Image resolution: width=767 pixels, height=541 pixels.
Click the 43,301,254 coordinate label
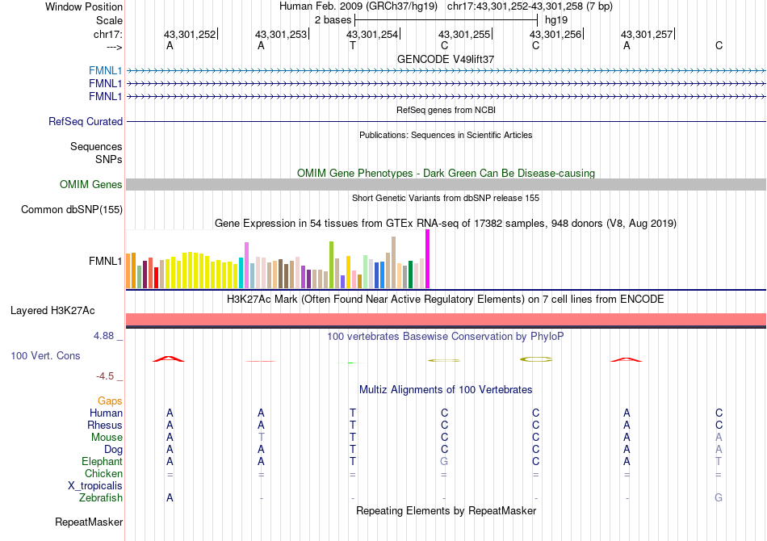click(372, 34)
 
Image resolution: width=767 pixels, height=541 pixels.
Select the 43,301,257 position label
click(647, 34)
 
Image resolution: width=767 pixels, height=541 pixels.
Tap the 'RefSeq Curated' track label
click(86, 122)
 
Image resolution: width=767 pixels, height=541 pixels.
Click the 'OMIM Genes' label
click(91, 185)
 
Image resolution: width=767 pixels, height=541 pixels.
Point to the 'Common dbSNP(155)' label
click(72, 210)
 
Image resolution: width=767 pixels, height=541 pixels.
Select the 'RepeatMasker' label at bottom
click(89, 522)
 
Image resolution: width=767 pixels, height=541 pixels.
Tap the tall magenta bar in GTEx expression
click(427, 258)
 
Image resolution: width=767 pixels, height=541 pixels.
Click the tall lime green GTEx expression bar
click(332, 264)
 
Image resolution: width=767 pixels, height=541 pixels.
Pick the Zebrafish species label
click(101, 498)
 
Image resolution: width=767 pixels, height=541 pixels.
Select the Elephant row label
click(102, 461)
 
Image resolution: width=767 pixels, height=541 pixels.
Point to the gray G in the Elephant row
click(444, 461)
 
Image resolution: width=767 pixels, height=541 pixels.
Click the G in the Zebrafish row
click(719, 498)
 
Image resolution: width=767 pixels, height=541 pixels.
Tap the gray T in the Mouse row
click(261, 437)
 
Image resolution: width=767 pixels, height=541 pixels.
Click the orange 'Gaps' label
click(110, 401)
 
